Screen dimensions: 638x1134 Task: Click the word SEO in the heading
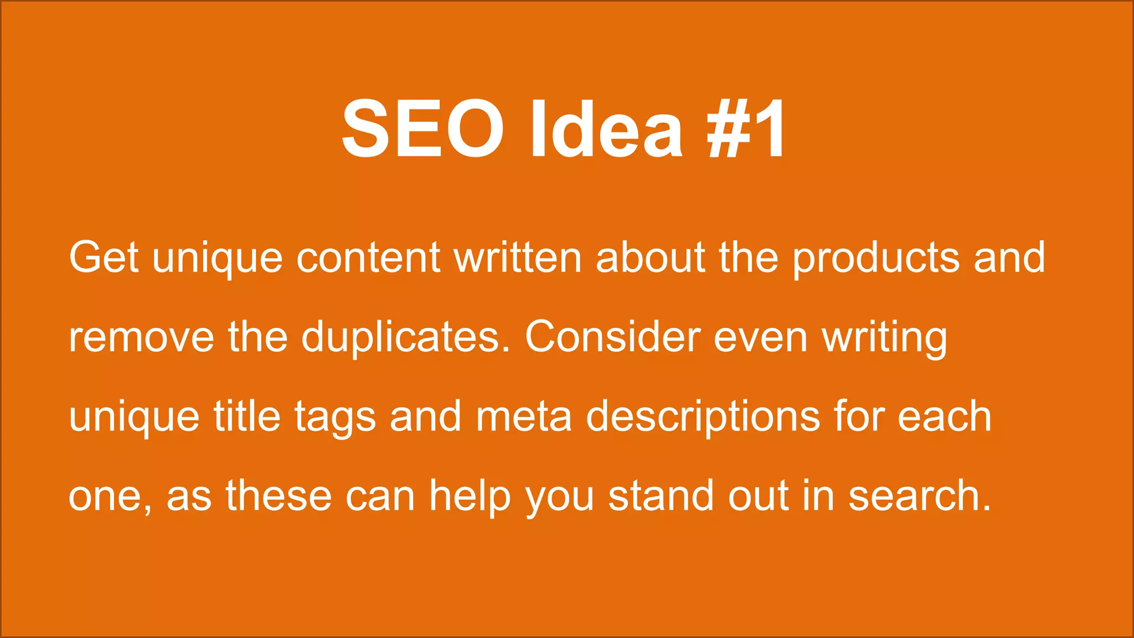pos(422,128)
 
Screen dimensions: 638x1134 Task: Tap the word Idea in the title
pos(606,128)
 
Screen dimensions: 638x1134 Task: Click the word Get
pos(104,258)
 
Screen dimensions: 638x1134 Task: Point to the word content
pos(368,258)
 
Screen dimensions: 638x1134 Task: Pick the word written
pos(518,258)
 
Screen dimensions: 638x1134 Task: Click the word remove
pos(141,338)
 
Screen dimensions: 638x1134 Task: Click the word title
pos(247,416)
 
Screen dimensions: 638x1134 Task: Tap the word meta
pos(523,416)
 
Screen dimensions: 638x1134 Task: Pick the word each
pos(944,416)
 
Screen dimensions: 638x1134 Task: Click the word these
pos(279,496)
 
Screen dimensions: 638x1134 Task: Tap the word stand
pos(661,496)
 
